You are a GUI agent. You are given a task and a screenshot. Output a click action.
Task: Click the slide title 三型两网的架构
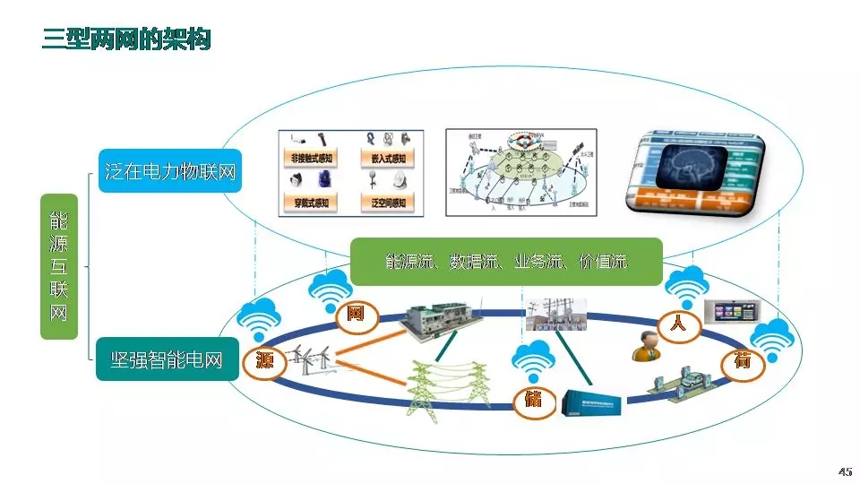point(126,39)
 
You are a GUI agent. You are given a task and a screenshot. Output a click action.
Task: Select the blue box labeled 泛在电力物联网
point(170,171)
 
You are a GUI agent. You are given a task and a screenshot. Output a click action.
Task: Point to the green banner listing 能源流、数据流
point(506,262)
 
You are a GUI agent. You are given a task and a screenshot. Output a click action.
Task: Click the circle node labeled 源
point(264,362)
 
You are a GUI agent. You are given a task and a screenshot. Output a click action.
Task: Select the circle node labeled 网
point(355,314)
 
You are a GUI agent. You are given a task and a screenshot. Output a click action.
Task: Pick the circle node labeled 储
point(532,398)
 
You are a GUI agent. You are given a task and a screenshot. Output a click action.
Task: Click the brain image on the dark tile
point(692,173)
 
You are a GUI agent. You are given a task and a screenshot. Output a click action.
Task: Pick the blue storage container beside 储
point(593,403)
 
